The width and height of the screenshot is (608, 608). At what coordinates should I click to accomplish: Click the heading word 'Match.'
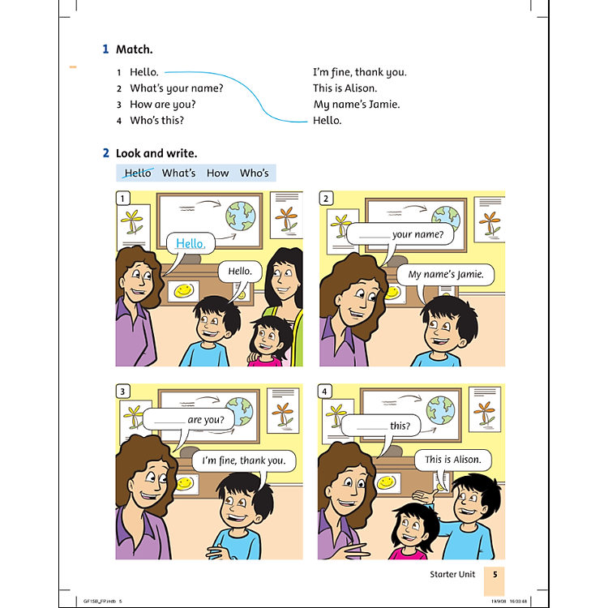click(134, 49)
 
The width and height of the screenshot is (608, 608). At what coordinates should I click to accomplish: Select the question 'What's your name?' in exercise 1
click(176, 88)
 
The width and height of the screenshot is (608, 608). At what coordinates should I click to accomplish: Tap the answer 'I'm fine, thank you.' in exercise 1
click(360, 72)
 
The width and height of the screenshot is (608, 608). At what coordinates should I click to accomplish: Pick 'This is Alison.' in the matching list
click(345, 88)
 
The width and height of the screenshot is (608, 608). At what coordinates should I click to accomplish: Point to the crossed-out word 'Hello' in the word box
click(138, 173)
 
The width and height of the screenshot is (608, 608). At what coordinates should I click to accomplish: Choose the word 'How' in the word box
click(217, 173)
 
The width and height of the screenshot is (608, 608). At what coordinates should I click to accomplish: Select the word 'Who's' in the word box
click(254, 173)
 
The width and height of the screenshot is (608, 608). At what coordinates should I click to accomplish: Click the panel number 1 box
click(123, 199)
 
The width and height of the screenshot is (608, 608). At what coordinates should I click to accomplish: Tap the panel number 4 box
click(326, 392)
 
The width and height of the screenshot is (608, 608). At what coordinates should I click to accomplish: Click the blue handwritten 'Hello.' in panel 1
click(191, 243)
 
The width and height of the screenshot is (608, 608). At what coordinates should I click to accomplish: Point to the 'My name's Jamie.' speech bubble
click(445, 275)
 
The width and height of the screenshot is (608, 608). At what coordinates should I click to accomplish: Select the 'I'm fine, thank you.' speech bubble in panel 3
click(243, 461)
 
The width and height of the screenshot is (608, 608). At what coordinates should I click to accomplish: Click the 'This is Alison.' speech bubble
click(453, 460)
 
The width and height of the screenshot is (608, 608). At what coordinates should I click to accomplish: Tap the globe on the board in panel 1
click(241, 214)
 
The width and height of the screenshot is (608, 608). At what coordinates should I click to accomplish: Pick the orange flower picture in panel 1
click(285, 218)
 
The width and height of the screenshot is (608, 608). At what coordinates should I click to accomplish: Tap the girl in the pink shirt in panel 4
click(409, 530)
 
